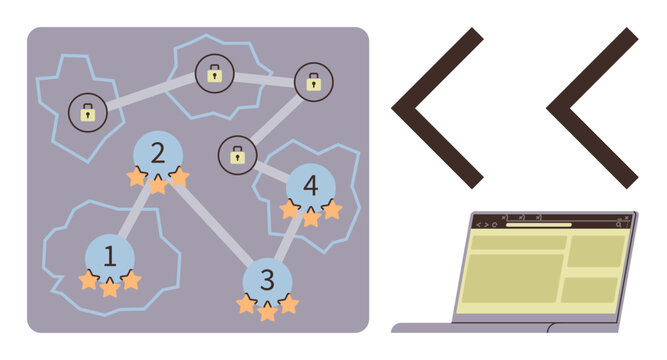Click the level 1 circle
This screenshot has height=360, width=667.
click(110, 256)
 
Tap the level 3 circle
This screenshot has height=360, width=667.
click(266, 278)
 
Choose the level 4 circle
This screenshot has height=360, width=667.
click(311, 186)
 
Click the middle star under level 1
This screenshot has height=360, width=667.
click(110, 289)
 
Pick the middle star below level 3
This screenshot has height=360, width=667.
click(267, 312)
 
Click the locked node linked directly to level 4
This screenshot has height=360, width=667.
click(237, 155)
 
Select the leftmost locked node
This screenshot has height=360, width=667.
click(88, 113)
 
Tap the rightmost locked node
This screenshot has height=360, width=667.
click(314, 82)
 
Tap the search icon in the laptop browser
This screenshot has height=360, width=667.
click(619, 225)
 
